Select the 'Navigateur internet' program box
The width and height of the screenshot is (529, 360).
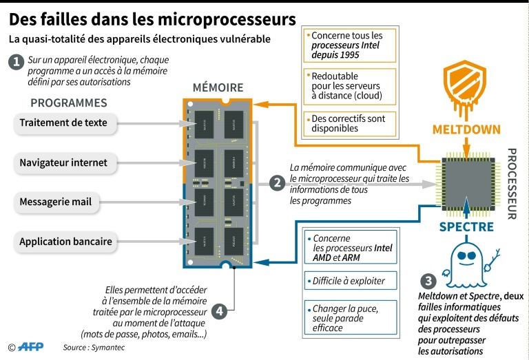(63, 163)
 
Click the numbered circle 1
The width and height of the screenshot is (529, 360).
(15, 62)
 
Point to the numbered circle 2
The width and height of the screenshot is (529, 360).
(277, 183)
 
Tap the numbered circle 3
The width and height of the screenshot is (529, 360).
(428, 280)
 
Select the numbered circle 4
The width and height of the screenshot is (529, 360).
(219, 310)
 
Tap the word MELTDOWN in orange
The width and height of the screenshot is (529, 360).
(466, 129)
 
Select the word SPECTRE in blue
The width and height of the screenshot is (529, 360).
(466, 226)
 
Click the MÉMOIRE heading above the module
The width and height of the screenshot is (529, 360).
(218, 87)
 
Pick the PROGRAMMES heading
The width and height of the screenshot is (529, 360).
(69, 103)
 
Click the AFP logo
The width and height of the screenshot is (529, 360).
(30, 347)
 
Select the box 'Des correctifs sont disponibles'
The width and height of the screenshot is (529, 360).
(350, 123)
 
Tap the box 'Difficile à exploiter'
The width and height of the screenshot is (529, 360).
(350, 281)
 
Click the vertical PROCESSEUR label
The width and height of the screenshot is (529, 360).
(511, 183)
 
